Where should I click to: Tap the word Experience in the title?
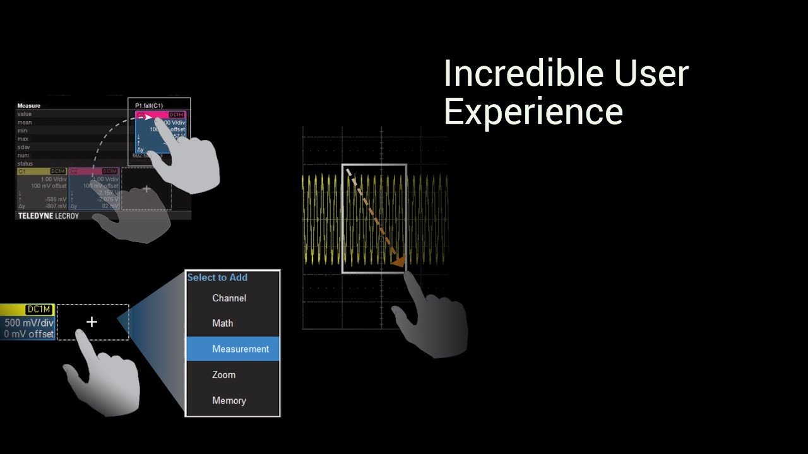(x=533, y=112)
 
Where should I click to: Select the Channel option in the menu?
(x=229, y=298)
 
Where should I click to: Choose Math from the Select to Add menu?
(x=222, y=323)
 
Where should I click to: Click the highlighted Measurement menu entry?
(x=240, y=349)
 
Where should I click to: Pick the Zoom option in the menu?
(x=223, y=375)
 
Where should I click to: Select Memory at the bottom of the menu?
(x=229, y=400)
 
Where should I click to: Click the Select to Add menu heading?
(x=217, y=277)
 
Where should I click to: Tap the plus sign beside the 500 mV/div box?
(x=92, y=322)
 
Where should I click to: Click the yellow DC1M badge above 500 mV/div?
(x=39, y=309)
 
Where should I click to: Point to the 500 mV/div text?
(x=29, y=323)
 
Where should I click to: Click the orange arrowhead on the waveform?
(x=398, y=261)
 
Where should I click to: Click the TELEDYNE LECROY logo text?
(x=48, y=216)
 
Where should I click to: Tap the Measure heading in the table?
(x=29, y=106)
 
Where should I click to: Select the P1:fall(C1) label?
(x=150, y=105)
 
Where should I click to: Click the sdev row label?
(x=23, y=147)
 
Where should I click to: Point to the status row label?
(x=25, y=163)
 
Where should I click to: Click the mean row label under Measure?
(x=24, y=122)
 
